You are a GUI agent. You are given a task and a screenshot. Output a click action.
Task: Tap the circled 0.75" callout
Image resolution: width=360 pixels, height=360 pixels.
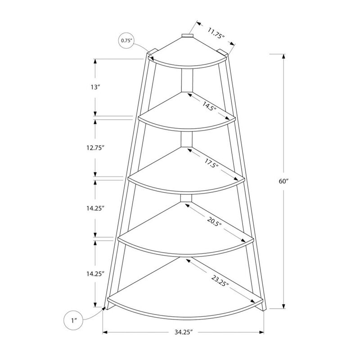126,41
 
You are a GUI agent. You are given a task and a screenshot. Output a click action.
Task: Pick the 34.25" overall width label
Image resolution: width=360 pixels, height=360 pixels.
184,333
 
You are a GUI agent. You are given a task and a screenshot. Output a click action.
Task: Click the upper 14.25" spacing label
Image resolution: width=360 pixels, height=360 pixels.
95,208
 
